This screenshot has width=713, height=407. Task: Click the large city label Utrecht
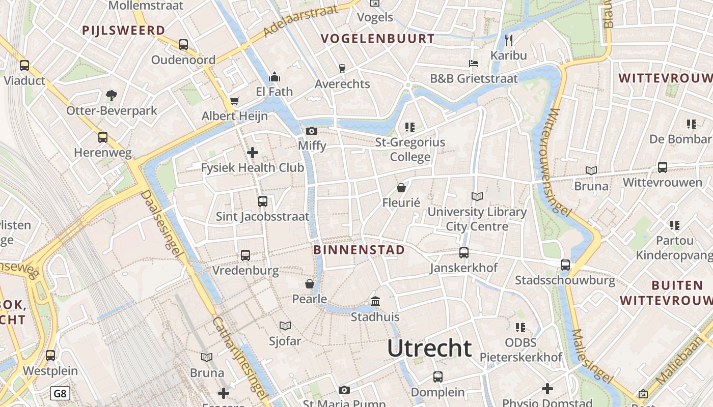coord(429,348)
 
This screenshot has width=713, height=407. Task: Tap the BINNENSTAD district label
coord(359,250)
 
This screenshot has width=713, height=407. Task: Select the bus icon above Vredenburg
coord(245,255)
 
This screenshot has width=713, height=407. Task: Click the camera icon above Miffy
coord(312,131)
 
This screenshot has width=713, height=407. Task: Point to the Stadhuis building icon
coord(375,302)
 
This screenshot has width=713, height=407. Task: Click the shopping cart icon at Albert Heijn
coord(234,101)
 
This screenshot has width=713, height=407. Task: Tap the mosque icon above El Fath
coord(275,77)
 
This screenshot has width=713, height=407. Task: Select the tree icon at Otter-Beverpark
coord(111,95)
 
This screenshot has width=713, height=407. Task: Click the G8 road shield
coord(60,393)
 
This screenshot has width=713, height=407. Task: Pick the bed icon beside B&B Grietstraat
coord(474,64)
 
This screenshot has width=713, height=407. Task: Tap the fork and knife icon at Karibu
coord(508,40)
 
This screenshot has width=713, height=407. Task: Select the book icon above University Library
coord(477,196)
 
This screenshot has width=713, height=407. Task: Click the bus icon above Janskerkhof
coord(463,252)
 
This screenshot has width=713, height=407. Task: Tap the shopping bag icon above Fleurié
coord(401,188)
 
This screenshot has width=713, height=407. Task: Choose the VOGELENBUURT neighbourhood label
coord(378,39)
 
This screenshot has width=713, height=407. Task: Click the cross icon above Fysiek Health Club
coord(252,152)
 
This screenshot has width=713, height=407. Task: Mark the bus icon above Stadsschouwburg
coord(565,265)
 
